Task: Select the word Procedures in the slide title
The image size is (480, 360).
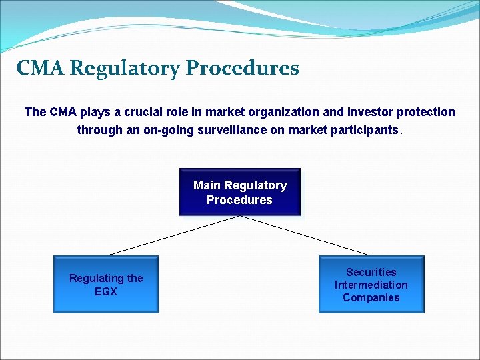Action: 243,68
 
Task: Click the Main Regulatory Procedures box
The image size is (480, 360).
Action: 240,193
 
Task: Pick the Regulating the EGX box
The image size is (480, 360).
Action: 106,285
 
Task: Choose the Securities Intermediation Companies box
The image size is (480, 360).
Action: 371,285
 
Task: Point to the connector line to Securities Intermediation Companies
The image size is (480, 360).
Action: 304,235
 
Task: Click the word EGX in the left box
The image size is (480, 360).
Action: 106,291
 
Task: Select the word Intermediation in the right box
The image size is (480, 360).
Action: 371,285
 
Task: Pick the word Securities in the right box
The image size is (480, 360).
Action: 371,272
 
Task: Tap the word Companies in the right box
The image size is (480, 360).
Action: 371,297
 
